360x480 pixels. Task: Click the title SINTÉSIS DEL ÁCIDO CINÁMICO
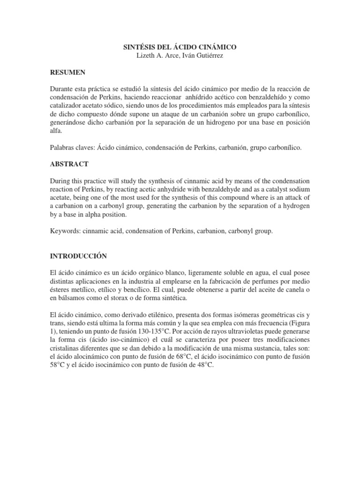[180, 47]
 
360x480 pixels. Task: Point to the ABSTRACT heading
[69, 165]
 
